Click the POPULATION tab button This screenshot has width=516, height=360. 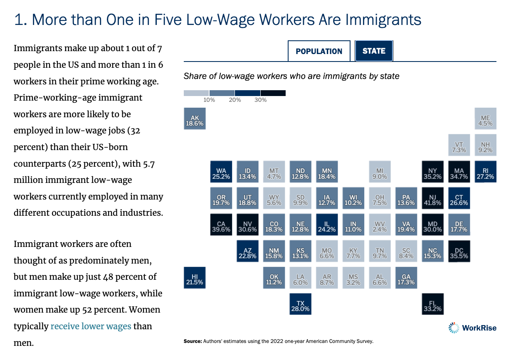[319, 51]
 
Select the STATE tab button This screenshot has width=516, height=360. [374, 51]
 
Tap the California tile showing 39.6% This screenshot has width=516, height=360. [221, 225]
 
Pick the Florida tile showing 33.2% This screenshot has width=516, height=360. [433, 304]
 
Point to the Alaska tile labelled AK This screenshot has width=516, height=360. [195, 119]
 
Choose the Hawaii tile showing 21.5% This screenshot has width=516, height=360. [195, 278]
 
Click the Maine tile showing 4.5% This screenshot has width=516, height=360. [485, 119]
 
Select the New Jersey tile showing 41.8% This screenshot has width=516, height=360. [433, 198]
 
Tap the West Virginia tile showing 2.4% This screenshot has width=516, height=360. [380, 225]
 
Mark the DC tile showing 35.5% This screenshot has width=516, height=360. [459, 252]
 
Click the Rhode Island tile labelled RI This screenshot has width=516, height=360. [485, 172]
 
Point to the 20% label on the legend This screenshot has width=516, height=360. [235, 100]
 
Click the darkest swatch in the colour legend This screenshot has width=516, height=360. [273, 93]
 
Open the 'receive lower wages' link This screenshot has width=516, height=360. [91, 326]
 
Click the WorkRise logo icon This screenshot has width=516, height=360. [454, 328]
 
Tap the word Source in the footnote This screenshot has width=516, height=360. [193, 342]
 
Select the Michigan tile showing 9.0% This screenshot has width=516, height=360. [380, 172]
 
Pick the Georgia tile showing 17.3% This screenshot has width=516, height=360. [406, 278]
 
